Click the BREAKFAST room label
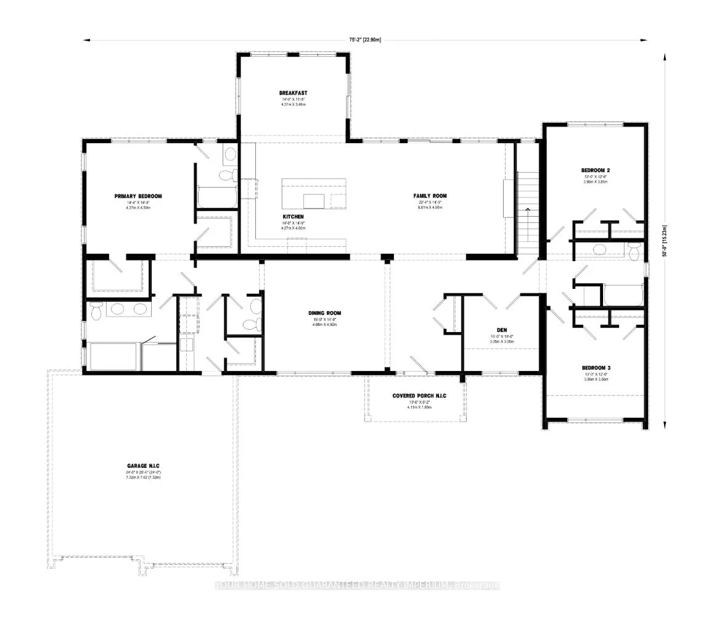pyautogui.click(x=293, y=93)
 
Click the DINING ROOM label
pyautogui.click(x=325, y=313)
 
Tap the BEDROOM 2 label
pyautogui.click(x=596, y=170)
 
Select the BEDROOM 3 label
pyautogui.click(x=596, y=367)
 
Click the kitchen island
pyautogui.click(x=314, y=194)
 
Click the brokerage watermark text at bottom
pyautogui.click(x=357, y=585)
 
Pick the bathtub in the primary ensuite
pyautogui.click(x=114, y=356)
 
